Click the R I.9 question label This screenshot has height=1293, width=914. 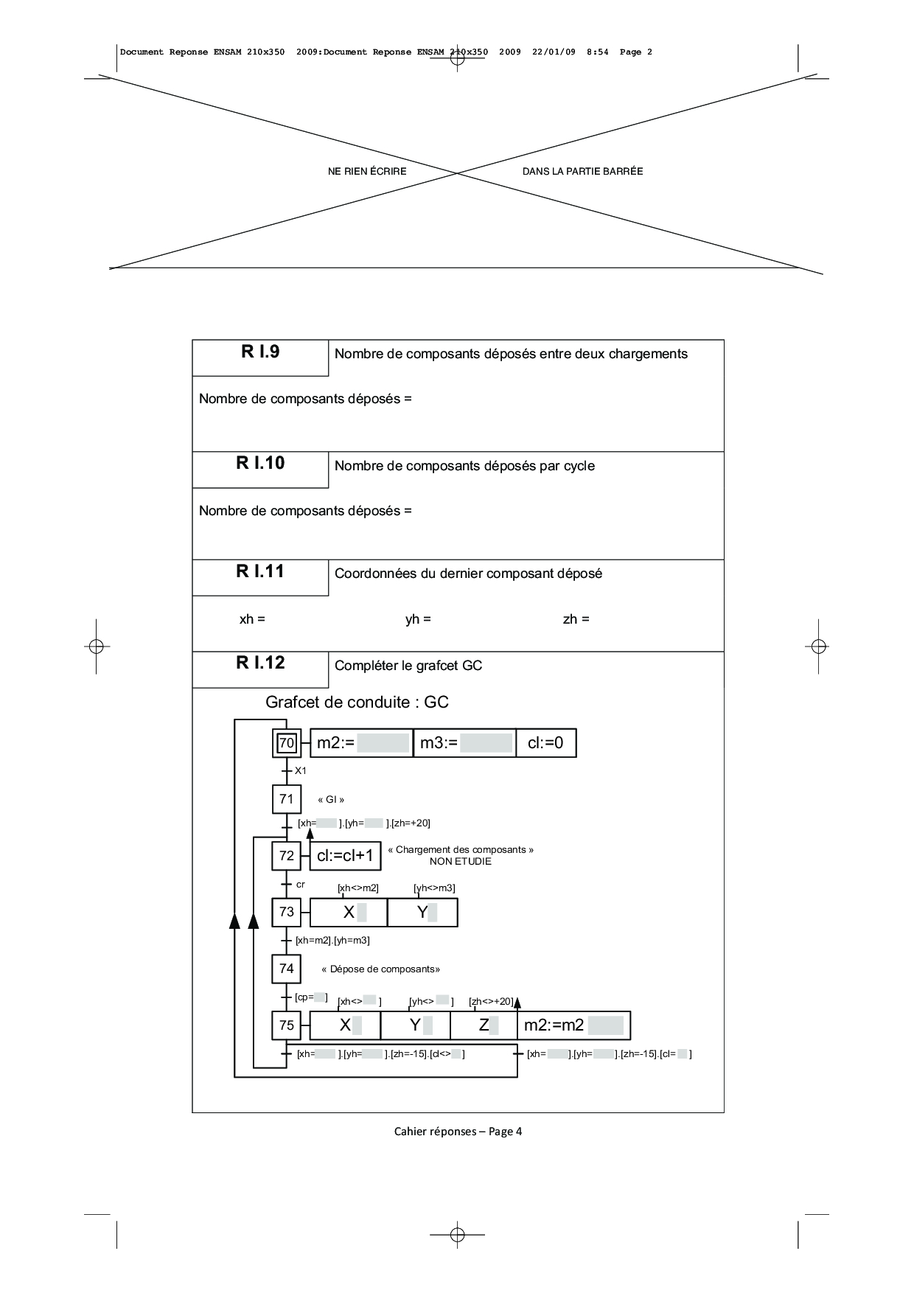coord(260,352)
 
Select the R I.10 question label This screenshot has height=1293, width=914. coord(260,463)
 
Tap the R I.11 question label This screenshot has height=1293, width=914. coord(260,571)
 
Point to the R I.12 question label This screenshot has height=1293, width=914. coord(260,663)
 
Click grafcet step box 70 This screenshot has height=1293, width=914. coord(287,743)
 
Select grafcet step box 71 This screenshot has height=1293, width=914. coord(287,799)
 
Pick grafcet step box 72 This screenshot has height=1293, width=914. coord(287,856)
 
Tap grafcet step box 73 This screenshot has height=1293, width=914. coord(287,912)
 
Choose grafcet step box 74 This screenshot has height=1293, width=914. coord(287,969)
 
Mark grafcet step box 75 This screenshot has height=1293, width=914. coord(287,1025)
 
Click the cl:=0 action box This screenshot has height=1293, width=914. coord(545,743)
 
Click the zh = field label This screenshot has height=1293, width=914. coord(576,619)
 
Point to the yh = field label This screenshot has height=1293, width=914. coord(418,619)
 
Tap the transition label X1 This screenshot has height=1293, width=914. coord(301,771)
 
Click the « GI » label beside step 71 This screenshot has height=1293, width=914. coord(331,800)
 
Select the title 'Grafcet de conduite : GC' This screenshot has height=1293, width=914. coord(357,702)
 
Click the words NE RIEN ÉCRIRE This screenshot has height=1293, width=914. coord(367,171)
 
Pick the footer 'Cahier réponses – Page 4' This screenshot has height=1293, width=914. coord(458,1131)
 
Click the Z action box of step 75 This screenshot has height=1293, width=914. coord(484,1025)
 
